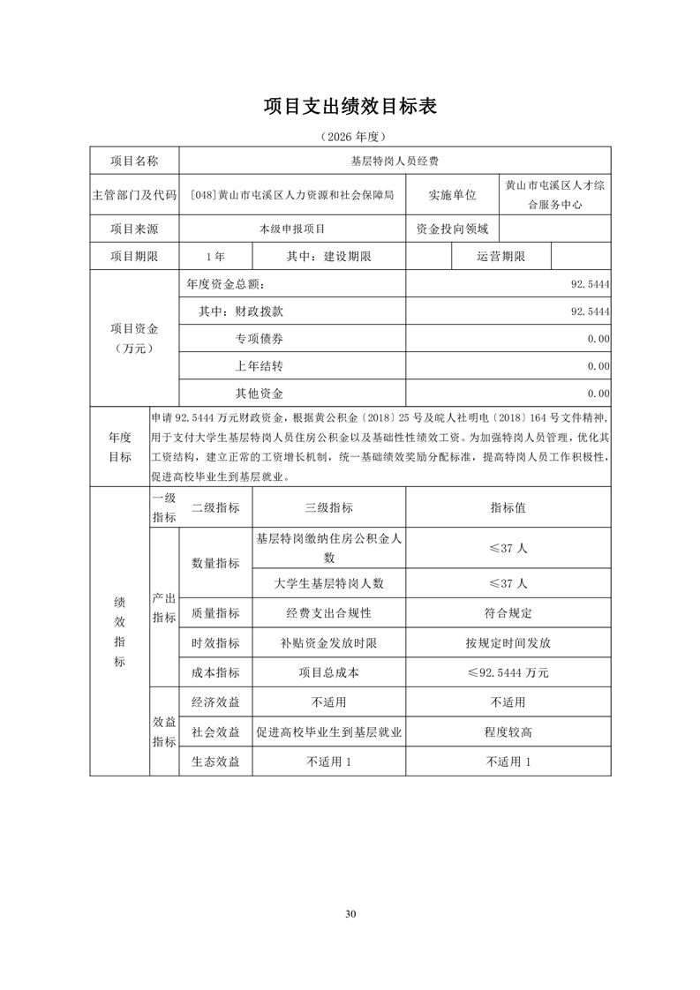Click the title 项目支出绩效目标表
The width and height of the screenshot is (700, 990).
[350, 107]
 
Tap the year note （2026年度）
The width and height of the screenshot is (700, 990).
[350, 138]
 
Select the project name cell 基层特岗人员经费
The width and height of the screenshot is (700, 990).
[395, 161]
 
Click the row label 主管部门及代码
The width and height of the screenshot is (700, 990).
[134, 195]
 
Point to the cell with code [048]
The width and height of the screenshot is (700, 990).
[292, 195]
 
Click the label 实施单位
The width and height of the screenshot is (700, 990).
[452, 195]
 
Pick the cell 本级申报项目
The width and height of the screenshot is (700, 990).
[292, 229]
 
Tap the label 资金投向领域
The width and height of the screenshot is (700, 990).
[452, 229]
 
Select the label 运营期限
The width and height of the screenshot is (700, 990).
[501, 256]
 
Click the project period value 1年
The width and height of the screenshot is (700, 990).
[215, 256]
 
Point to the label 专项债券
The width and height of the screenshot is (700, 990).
[260, 339]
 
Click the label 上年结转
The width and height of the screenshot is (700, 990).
[260, 365]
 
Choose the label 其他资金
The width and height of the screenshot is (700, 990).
[260, 393]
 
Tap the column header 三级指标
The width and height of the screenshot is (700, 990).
[328, 507]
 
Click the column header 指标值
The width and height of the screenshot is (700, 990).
[508, 507]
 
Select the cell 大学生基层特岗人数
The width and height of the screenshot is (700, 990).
[328, 583]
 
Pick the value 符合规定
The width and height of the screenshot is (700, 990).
[508, 612]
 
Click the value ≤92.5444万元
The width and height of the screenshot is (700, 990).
[508, 672]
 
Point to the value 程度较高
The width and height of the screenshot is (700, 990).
[508, 732]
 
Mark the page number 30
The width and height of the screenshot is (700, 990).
[350, 913]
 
